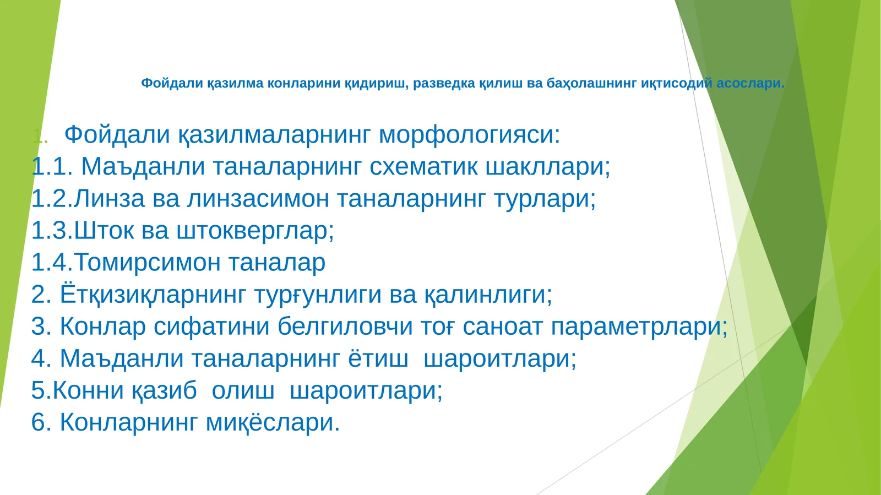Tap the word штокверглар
click(255, 231)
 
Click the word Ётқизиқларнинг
click(152, 295)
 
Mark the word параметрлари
click(639, 327)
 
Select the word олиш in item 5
click(243, 390)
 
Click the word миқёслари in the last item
click(273, 422)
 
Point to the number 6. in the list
click(41, 422)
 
